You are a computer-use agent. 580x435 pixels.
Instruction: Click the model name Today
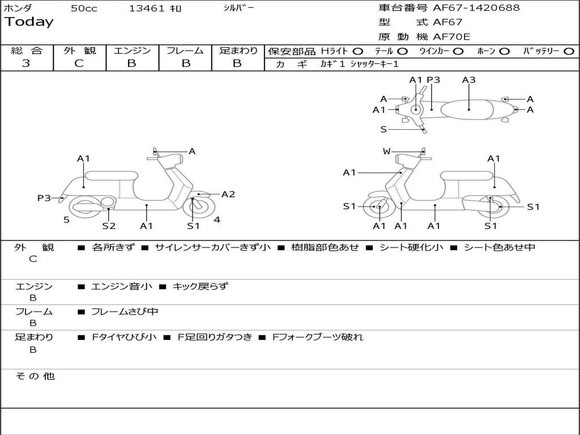pyautogui.click(x=29, y=22)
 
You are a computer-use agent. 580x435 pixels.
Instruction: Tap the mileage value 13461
pyautogui.click(x=147, y=8)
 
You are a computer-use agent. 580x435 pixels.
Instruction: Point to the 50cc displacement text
pyautogui.click(x=84, y=8)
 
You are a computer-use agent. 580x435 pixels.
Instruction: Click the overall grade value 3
pyautogui.click(x=26, y=63)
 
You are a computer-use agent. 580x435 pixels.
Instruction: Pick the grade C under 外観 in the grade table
pyautogui.click(x=79, y=63)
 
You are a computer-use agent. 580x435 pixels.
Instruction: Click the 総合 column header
pyautogui.click(x=27, y=50)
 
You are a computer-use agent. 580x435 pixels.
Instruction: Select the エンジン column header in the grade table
pyautogui.click(x=132, y=50)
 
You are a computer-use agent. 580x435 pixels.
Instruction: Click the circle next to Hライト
pyautogui.click(x=358, y=51)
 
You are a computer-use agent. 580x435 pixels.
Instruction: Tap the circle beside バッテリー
pyautogui.click(x=569, y=51)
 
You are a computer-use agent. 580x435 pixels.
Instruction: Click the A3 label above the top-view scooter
pyautogui.click(x=468, y=80)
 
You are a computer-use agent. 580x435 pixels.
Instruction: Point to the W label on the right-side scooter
pyautogui.click(x=387, y=151)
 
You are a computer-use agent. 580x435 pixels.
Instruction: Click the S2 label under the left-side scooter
pyautogui.click(x=109, y=226)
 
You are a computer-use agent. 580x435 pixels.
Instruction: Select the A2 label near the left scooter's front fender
pyautogui.click(x=228, y=194)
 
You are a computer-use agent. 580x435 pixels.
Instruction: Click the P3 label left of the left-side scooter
pyautogui.click(x=44, y=198)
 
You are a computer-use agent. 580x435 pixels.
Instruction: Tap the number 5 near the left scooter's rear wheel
pyautogui.click(x=66, y=220)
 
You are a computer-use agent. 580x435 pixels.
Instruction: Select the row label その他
pyautogui.click(x=34, y=376)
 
